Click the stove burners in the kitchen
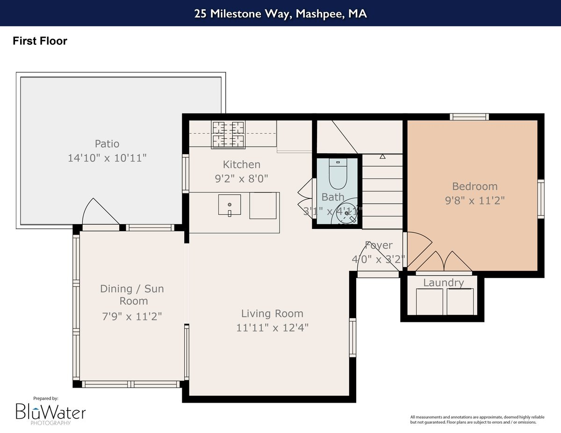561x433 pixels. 228,135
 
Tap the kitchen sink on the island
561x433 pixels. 230,205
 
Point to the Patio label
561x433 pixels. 107,143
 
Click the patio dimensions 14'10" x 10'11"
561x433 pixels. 107,158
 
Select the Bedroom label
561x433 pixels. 475,186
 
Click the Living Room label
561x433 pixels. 272,313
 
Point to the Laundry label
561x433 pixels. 443,283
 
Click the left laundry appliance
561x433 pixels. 429,301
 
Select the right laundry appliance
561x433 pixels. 460,301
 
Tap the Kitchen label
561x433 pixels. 241,164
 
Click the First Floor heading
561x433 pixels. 40,41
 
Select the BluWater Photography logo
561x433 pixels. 50,412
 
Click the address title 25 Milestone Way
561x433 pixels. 280,14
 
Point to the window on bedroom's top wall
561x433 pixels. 469,117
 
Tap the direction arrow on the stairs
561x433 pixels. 382,156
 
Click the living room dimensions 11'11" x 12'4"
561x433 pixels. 272,327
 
